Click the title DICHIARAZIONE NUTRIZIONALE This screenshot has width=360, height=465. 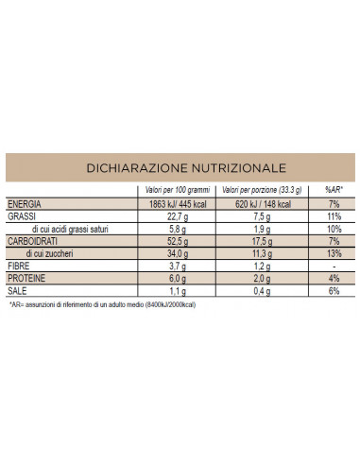tap(180, 167)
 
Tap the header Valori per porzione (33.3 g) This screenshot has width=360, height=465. tap(261, 192)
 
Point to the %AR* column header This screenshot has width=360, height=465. tap(332, 192)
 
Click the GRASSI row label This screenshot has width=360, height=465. tap(22, 217)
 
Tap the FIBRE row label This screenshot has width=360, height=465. tap(20, 267)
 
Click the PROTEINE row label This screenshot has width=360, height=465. tap(27, 279)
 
